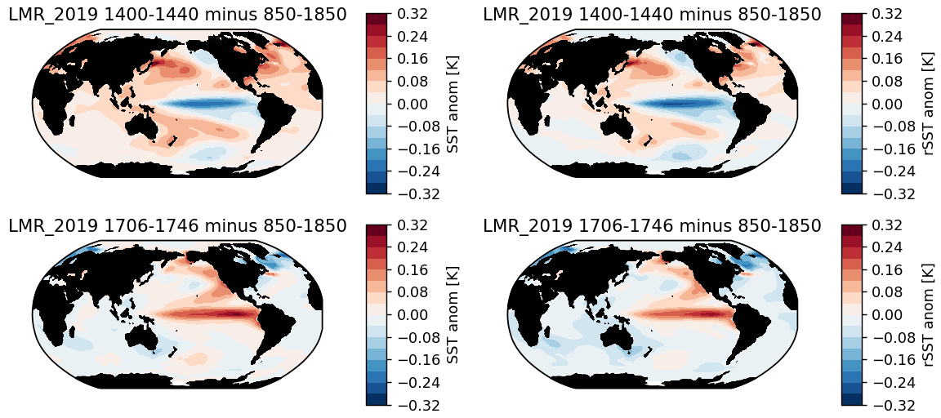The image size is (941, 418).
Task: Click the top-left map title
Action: tap(177, 15)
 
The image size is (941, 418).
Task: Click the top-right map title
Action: tap(652, 15)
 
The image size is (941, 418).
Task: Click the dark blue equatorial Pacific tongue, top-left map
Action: tap(204, 104)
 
